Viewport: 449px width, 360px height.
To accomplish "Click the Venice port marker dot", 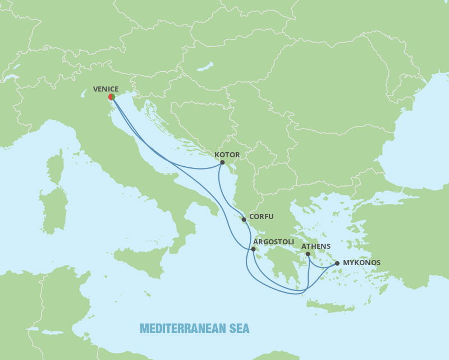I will (x=112, y=97).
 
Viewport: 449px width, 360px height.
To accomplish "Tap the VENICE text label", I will (x=106, y=89).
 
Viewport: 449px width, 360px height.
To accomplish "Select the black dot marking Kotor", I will (x=222, y=162).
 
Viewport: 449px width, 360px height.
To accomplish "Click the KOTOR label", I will (x=227, y=155).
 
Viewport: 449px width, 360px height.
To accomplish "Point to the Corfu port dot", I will (x=244, y=220).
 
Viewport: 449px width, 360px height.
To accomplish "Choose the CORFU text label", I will (x=260, y=216).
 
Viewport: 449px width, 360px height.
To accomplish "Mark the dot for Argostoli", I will (x=254, y=249).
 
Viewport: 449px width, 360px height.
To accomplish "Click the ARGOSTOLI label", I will (x=274, y=242).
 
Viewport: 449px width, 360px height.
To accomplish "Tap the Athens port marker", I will (x=308, y=254).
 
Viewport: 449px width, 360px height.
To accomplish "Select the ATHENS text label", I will (x=316, y=246).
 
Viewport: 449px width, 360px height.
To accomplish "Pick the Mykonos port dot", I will (x=337, y=263).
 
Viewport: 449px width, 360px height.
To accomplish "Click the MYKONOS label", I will (x=361, y=262).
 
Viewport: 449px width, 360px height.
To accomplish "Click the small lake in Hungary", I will (x=205, y=67).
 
